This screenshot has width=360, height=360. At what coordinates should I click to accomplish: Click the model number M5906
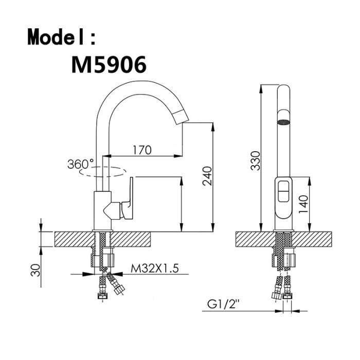pyautogui.click(x=109, y=64)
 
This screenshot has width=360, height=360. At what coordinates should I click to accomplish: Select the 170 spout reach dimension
pyautogui.click(x=142, y=150)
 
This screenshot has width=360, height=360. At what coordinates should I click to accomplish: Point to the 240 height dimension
pyautogui.click(x=207, y=176)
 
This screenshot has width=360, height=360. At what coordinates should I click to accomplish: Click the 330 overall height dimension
pyautogui.click(x=255, y=160)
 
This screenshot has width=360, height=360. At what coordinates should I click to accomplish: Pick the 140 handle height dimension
pyautogui.click(x=303, y=204)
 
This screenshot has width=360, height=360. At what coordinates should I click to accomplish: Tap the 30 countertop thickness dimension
pyautogui.click(x=35, y=270)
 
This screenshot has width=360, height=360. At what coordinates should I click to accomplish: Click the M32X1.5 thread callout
pyautogui.click(x=154, y=268)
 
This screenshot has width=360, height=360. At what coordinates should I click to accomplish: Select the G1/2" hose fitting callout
pyautogui.click(x=223, y=304)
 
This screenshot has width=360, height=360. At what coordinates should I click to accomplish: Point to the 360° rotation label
pyautogui.click(x=81, y=164)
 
